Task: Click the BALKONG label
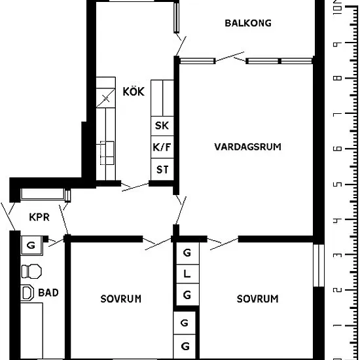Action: pyautogui.click(x=248, y=23)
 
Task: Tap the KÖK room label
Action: pyautogui.click(x=134, y=91)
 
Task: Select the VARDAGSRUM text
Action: pyautogui.click(x=247, y=147)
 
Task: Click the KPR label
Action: pyautogui.click(x=39, y=217)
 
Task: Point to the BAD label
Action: pyautogui.click(x=48, y=293)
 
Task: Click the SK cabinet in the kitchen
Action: pyautogui.click(x=162, y=126)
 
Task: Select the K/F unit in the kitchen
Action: pyautogui.click(x=162, y=147)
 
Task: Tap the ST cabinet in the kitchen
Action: pyautogui.click(x=162, y=170)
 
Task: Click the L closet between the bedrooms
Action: pyautogui.click(x=187, y=274)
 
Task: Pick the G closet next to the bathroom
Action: pyautogui.click(x=31, y=245)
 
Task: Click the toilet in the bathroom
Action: pyautogui.click(x=31, y=272)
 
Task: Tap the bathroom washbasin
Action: pyautogui.click(x=27, y=293)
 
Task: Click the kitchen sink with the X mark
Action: pyautogui.click(x=105, y=98)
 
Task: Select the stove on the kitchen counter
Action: pyautogui.click(x=107, y=153)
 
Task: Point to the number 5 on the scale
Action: pyautogui.click(x=337, y=185)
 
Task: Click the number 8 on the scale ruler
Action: pyautogui.click(x=337, y=79)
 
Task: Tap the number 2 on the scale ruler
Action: pyautogui.click(x=337, y=290)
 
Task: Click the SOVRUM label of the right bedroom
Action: pyautogui.click(x=257, y=299)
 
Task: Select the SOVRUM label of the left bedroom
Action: pyautogui.click(x=121, y=299)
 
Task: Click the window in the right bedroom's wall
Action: pyautogui.click(x=319, y=265)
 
